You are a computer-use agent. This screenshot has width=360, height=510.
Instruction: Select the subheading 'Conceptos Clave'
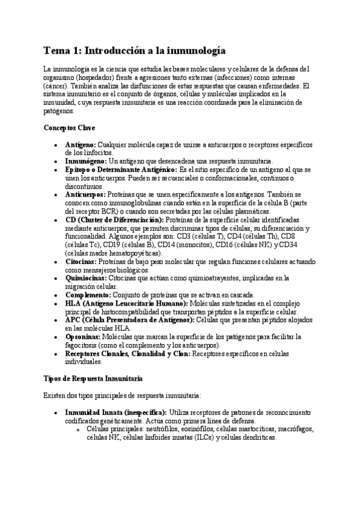click(69, 127)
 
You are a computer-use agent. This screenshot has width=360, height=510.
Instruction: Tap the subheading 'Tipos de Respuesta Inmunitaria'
click(93, 377)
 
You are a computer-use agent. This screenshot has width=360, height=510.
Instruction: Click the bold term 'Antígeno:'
click(80, 145)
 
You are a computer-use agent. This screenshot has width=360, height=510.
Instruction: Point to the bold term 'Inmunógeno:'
click(85, 161)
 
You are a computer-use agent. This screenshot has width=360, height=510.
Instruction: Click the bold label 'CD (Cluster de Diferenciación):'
click(114, 220)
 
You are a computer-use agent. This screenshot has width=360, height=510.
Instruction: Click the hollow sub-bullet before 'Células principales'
click(78, 430)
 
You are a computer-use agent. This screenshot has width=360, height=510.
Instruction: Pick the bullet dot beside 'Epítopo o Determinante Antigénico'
click(55, 170)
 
